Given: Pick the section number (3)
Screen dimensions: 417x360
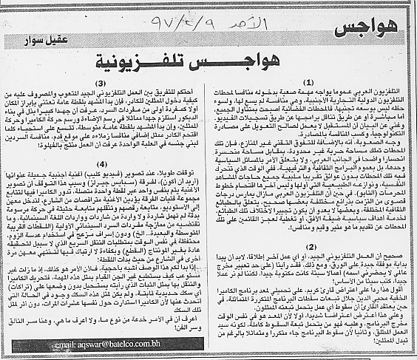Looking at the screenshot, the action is (x=104, y=81).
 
